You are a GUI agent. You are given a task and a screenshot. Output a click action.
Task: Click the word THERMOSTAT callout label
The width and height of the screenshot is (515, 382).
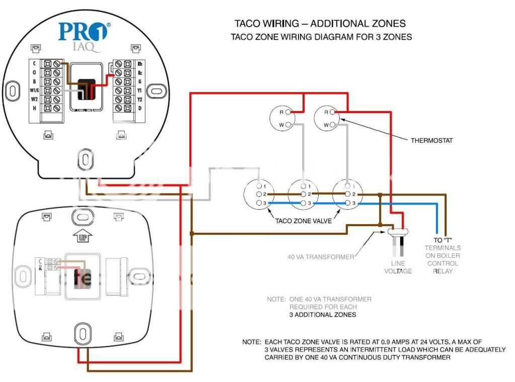coord(432,141)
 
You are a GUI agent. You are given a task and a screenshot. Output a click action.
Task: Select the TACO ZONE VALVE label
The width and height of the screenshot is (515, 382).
coord(303,221)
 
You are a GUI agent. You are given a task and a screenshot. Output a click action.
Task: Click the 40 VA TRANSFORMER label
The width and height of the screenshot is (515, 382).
coord(321,257)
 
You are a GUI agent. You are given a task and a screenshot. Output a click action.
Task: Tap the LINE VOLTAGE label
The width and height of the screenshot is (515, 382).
coord(398,267)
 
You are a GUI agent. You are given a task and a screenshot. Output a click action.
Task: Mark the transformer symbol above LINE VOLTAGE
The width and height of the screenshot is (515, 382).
coord(398,232)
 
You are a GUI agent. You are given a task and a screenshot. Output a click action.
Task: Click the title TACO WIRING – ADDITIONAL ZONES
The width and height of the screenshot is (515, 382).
coord(320,24)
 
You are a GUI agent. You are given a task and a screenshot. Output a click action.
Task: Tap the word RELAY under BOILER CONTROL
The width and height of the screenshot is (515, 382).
coord(443,271)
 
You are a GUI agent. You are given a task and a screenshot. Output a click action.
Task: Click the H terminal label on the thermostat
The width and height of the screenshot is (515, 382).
coord(35,109)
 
